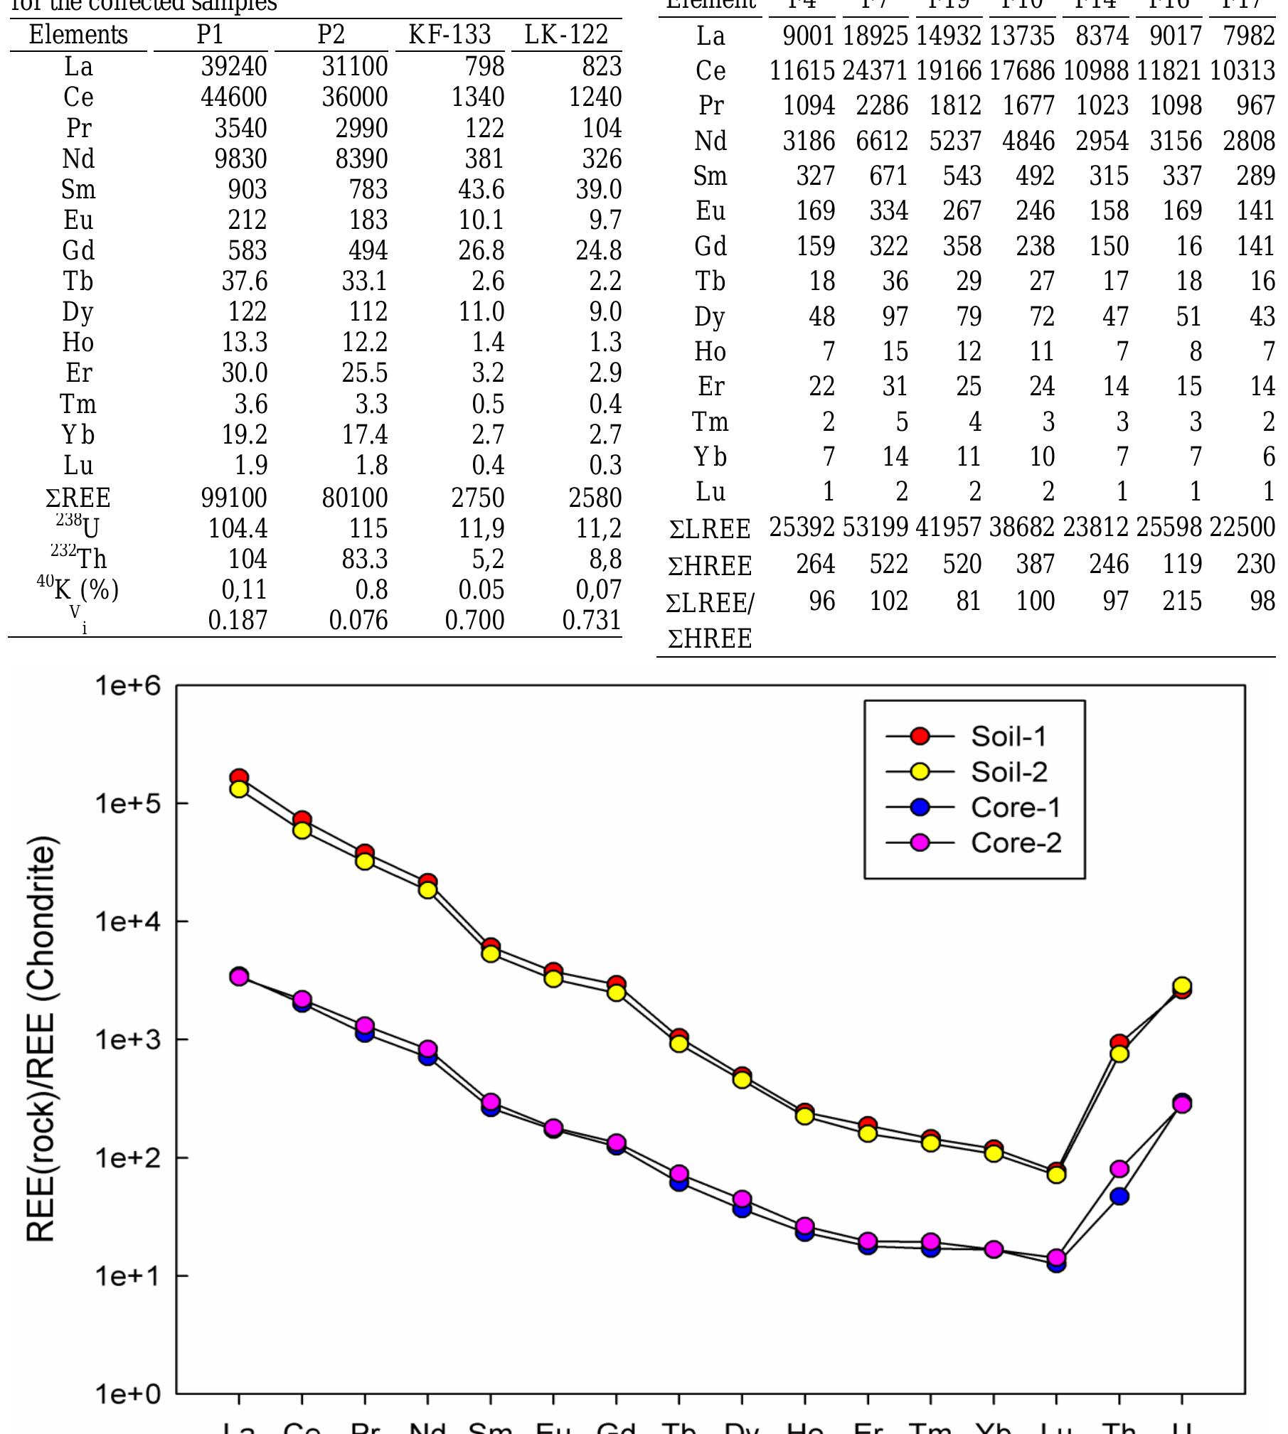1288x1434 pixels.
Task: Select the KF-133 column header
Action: pyautogui.click(x=449, y=35)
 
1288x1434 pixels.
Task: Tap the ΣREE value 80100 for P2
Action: pyautogui.click(x=354, y=498)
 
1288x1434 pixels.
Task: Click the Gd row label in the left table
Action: pyautogui.click(x=78, y=251)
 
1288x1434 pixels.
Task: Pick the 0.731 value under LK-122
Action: pyautogui.click(x=591, y=621)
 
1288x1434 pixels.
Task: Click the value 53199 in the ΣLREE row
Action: pyautogui.click(x=875, y=528)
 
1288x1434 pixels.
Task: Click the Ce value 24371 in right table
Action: pyautogui.click(x=875, y=71)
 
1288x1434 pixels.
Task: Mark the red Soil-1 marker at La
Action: pyautogui.click(x=239, y=778)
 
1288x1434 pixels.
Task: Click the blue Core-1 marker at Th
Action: pyautogui.click(x=1119, y=1196)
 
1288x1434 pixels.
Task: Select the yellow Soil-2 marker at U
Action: pyautogui.click(x=1182, y=985)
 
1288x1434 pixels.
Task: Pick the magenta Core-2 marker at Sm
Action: pyautogui.click(x=491, y=1102)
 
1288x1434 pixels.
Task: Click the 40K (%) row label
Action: pyautogui.click(x=78, y=589)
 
